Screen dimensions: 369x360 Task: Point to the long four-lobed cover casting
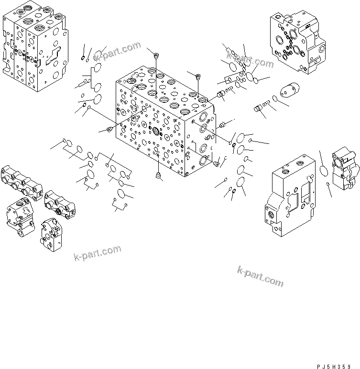point(22,181)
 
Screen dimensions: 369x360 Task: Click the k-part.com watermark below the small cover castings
point(98,253)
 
